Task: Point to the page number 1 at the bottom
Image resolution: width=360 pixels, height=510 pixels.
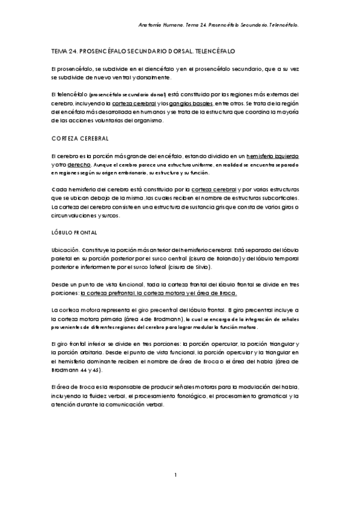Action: [175, 476]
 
